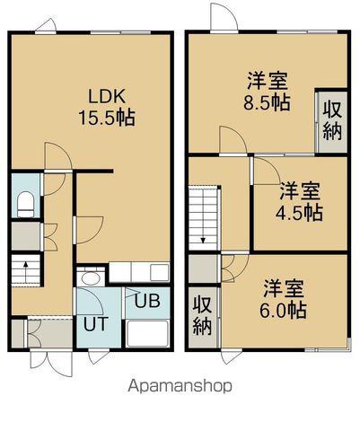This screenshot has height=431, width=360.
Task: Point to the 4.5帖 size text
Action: pos(298,213)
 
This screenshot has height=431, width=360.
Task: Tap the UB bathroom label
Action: pos(147,301)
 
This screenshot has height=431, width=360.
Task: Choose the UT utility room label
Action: pos(98,322)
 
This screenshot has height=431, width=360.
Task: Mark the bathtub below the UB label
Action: pos(147,335)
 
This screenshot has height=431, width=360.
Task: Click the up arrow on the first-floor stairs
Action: pos(27,267)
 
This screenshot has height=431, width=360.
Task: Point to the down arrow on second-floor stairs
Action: pos(206,239)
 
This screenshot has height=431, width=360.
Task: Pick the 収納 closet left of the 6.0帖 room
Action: pos(202,313)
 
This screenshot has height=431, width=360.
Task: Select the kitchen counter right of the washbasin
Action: pos(135,272)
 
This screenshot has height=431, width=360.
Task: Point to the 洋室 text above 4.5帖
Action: pos(297,190)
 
